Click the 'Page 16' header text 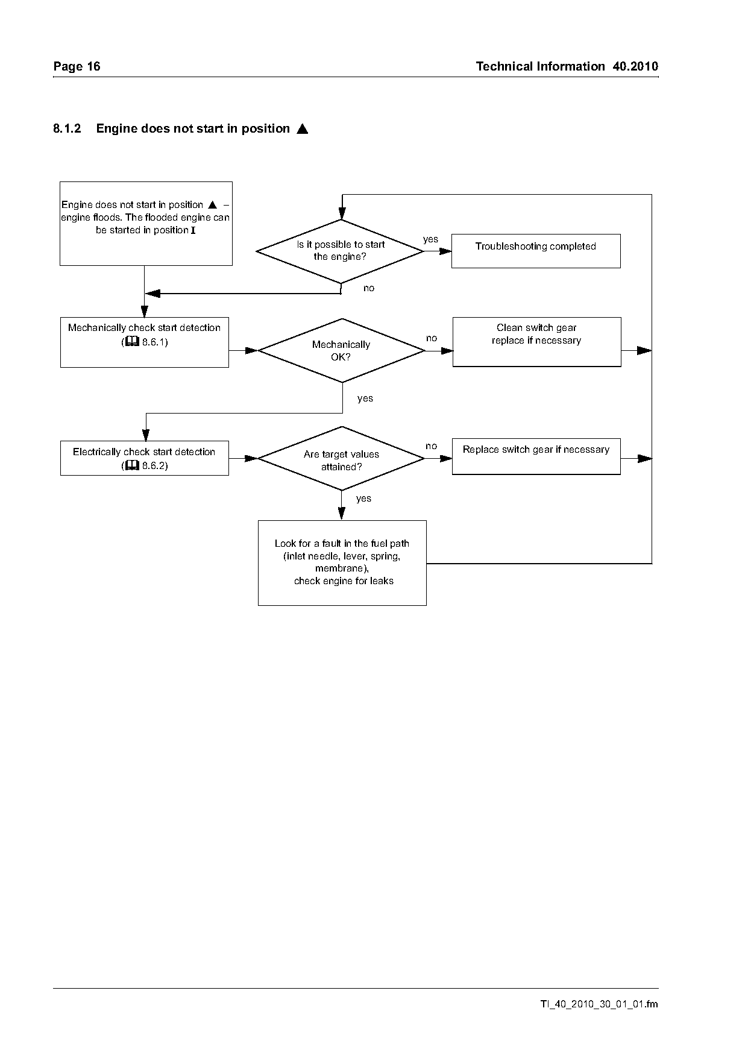77,66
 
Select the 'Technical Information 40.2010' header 567,66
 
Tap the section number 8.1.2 67,128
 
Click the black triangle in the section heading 303,128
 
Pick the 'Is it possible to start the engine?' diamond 341,251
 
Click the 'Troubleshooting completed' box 536,251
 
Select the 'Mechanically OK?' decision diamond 342,350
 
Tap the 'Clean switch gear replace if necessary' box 536,342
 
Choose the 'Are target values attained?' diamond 342,459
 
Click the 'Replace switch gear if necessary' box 536,456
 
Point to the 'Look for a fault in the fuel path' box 342,563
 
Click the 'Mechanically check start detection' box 145,342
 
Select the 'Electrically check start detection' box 145,458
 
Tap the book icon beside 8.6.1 132,342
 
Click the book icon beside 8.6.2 132,465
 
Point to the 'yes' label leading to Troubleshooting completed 430,239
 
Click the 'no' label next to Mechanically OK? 432,338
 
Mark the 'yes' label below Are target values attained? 363,499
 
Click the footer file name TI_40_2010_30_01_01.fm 599,1004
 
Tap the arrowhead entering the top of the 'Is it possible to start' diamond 342,213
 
